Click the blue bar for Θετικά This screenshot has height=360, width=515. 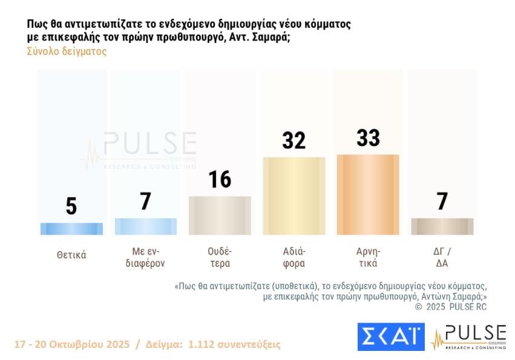click(x=71, y=229)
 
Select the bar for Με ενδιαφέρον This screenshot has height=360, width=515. click(x=145, y=226)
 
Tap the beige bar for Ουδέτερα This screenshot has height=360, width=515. click(x=220, y=215)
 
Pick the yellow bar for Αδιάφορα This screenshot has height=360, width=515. click(x=294, y=195)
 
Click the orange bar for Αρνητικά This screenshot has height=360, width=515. click(x=368, y=195)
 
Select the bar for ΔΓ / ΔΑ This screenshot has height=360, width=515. click(x=442, y=226)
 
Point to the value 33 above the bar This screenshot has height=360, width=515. click(x=368, y=138)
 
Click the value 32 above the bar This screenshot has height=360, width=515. click(x=294, y=140)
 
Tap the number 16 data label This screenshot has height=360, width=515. click(x=220, y=179)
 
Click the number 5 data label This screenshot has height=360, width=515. click(x=71, y=206)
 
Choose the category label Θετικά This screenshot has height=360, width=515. click(x=71, y=255)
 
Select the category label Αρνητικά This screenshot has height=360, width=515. click(x=368, y=257)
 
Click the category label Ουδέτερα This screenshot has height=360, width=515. click(x=220, y=257)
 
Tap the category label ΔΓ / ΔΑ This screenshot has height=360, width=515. click(x=442, y=257)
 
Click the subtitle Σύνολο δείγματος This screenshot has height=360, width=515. click(x=67, y=51)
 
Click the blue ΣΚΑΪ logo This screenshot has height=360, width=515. click(x=390, y=337)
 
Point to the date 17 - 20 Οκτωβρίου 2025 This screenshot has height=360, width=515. click(x=72, y=344)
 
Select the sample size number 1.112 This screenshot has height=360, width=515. click(x=205, y=344)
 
